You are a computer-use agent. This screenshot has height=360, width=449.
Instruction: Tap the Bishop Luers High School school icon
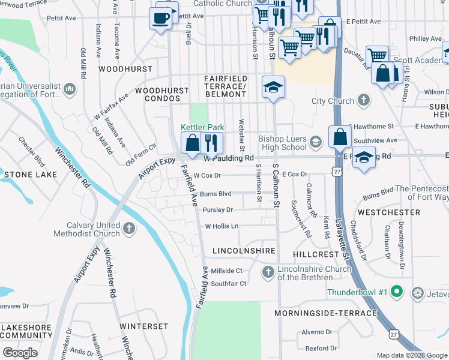pyautogui.click(x=316, y=142)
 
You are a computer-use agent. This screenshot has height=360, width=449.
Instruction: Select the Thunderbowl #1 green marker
pyautogui.click(x=396, y=293)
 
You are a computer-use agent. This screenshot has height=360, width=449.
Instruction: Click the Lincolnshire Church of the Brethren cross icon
pyautogui.click(x=268, y=273)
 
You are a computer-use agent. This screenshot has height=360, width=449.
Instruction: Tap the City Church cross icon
pyautogui.click(x=363, y=100)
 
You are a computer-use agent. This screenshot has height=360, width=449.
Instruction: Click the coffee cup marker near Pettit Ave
pyautogui.click(x=161, y=19)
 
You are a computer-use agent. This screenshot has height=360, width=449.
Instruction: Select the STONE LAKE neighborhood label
pyautogui.click(x=31, y=175)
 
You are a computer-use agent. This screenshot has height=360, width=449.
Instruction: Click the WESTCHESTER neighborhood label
pyautogui.click(x=389, y=212)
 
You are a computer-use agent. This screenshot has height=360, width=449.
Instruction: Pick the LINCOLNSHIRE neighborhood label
pyautogui.click(x=244, y=250)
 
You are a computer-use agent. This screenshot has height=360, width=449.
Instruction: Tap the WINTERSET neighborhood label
pyautogui.click(x=143, y=326)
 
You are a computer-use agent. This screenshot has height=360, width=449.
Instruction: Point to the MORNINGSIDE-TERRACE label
pyautogui.click(x=326, y=313)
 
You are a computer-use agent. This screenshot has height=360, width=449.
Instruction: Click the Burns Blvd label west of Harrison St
pyautogui.click(x=215, y=194)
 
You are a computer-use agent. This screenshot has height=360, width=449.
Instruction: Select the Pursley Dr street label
pyautogui.click(x=217, y=210)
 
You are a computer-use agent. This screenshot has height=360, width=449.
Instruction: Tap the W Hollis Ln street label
pyautogui.click(x=221, y=226)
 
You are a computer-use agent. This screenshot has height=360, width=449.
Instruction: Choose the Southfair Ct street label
pyautogui.click(x=229, y=284)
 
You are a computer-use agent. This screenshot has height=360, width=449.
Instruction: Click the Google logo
pyautogui.click(x=20, y=353)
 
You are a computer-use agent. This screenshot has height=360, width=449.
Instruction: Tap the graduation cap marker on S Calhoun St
pyautogui.click(x=273, y=88)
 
